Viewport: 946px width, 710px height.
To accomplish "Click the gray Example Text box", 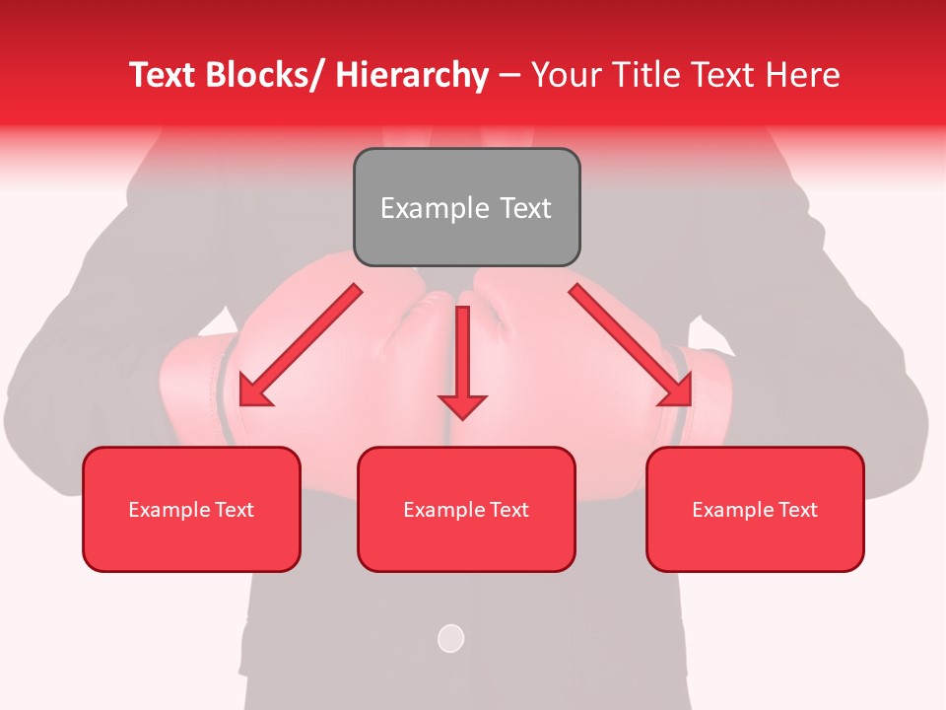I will [x=466, y=207].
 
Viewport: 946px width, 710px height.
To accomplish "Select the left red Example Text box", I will [x=191, y=509].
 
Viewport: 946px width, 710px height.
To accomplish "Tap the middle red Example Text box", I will [x=466, y=509].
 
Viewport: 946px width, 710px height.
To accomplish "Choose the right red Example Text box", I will [x=755, y=509].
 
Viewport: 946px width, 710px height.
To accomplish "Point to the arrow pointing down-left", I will [x=301, y=345].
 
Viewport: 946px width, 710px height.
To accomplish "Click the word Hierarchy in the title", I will [x=412, y=75].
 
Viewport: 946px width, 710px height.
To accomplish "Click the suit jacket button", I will [x=450, y=638].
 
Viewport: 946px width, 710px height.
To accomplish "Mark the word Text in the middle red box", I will [x=507, y=509].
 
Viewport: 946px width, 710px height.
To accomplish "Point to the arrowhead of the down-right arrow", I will [x=678, y=390].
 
